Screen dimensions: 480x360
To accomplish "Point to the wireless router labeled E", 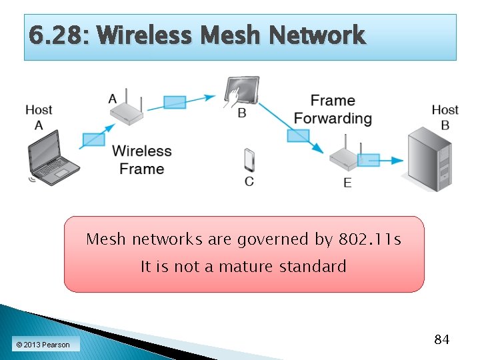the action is [x=345, y=157].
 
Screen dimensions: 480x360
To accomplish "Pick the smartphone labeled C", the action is [x=249, y=161].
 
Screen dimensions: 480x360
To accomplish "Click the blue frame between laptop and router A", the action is [x=93, y=139].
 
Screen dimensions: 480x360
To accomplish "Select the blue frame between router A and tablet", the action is [x=175, y=102].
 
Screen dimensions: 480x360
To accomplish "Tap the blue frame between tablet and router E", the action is [x=298, y=135].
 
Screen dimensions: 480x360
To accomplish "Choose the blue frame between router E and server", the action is [x=368, y=160].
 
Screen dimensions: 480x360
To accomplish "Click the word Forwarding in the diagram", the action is [x=333, y=119].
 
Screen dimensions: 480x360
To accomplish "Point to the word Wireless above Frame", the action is [x=142, y=151].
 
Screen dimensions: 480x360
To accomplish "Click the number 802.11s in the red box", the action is [x=370, y=239].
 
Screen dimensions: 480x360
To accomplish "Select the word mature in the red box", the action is [x=246, y=267].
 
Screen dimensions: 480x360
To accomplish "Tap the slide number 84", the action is [x=441, y=340].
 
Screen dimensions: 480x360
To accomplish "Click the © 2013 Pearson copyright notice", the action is [x=43, y=345].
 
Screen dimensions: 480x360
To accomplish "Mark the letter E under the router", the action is [x=347, y=182].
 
